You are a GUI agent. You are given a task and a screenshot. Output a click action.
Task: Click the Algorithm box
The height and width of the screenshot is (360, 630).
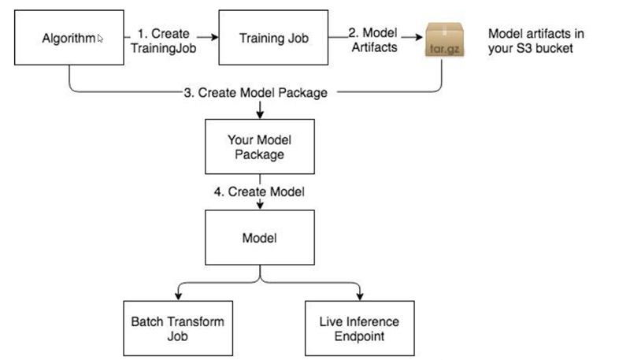(x=70, y=37)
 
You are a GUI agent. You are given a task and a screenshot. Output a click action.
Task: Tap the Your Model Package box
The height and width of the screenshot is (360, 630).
(x=260, y=146)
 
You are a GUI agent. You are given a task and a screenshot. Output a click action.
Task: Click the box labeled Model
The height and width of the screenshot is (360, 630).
(x=260, y=236)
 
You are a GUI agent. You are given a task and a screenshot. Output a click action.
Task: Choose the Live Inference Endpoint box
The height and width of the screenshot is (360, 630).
(x=360, y=328)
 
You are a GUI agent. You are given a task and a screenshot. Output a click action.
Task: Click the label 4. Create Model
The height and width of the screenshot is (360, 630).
(x=260, y=191)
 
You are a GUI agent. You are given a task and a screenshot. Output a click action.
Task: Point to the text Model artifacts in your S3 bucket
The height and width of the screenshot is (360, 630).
(x=537, y=41)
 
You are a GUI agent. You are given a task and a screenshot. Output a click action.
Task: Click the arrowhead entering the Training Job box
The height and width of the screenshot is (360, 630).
(x=214, y=36)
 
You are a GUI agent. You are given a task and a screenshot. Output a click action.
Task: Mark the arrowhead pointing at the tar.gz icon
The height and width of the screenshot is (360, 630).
(x=418, y=36)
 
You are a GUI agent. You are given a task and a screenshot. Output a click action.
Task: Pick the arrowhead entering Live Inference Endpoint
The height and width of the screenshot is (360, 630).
(x=360, y=296)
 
